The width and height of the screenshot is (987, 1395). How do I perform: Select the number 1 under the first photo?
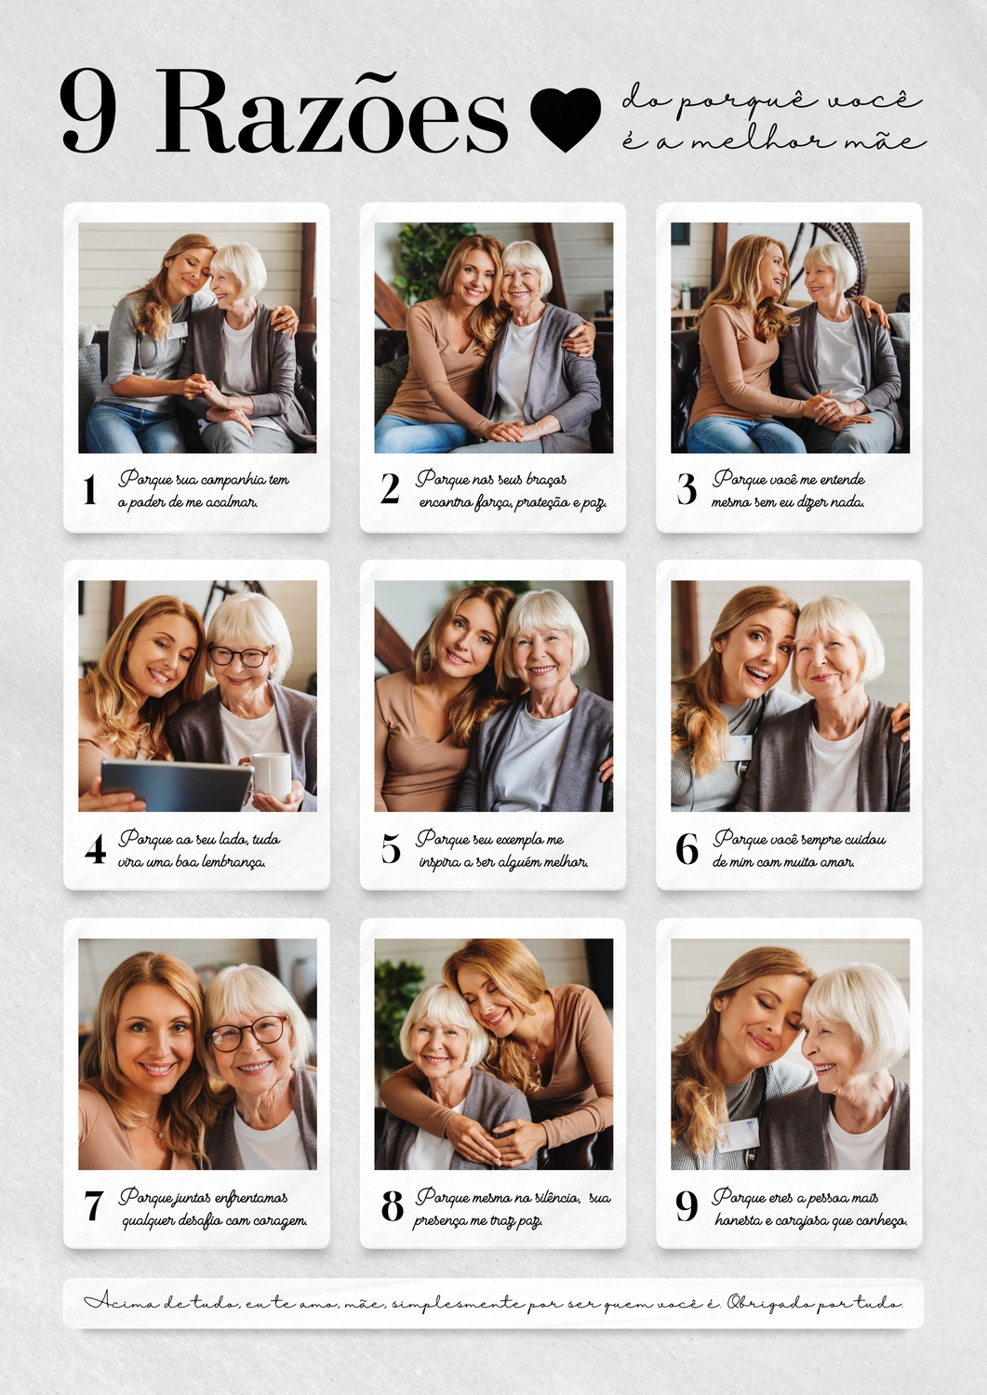pos(89,489)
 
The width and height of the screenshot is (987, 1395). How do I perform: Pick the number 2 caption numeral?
pos(390,489)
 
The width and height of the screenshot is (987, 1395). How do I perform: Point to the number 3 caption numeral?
pos(687,489)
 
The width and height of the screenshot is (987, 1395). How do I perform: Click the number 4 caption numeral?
pos(95,849)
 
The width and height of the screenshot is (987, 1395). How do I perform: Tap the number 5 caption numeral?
pos(391,849)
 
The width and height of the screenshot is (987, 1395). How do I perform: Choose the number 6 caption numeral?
pos(687,849)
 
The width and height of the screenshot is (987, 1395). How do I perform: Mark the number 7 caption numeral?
pos(93,1206)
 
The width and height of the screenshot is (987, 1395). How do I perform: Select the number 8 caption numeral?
pos(392,1206)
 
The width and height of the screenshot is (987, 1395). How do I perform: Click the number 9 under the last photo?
pos(687,1206)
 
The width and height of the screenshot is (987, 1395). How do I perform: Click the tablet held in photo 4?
pos(176,785)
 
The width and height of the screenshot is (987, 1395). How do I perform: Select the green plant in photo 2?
pos(429,260)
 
